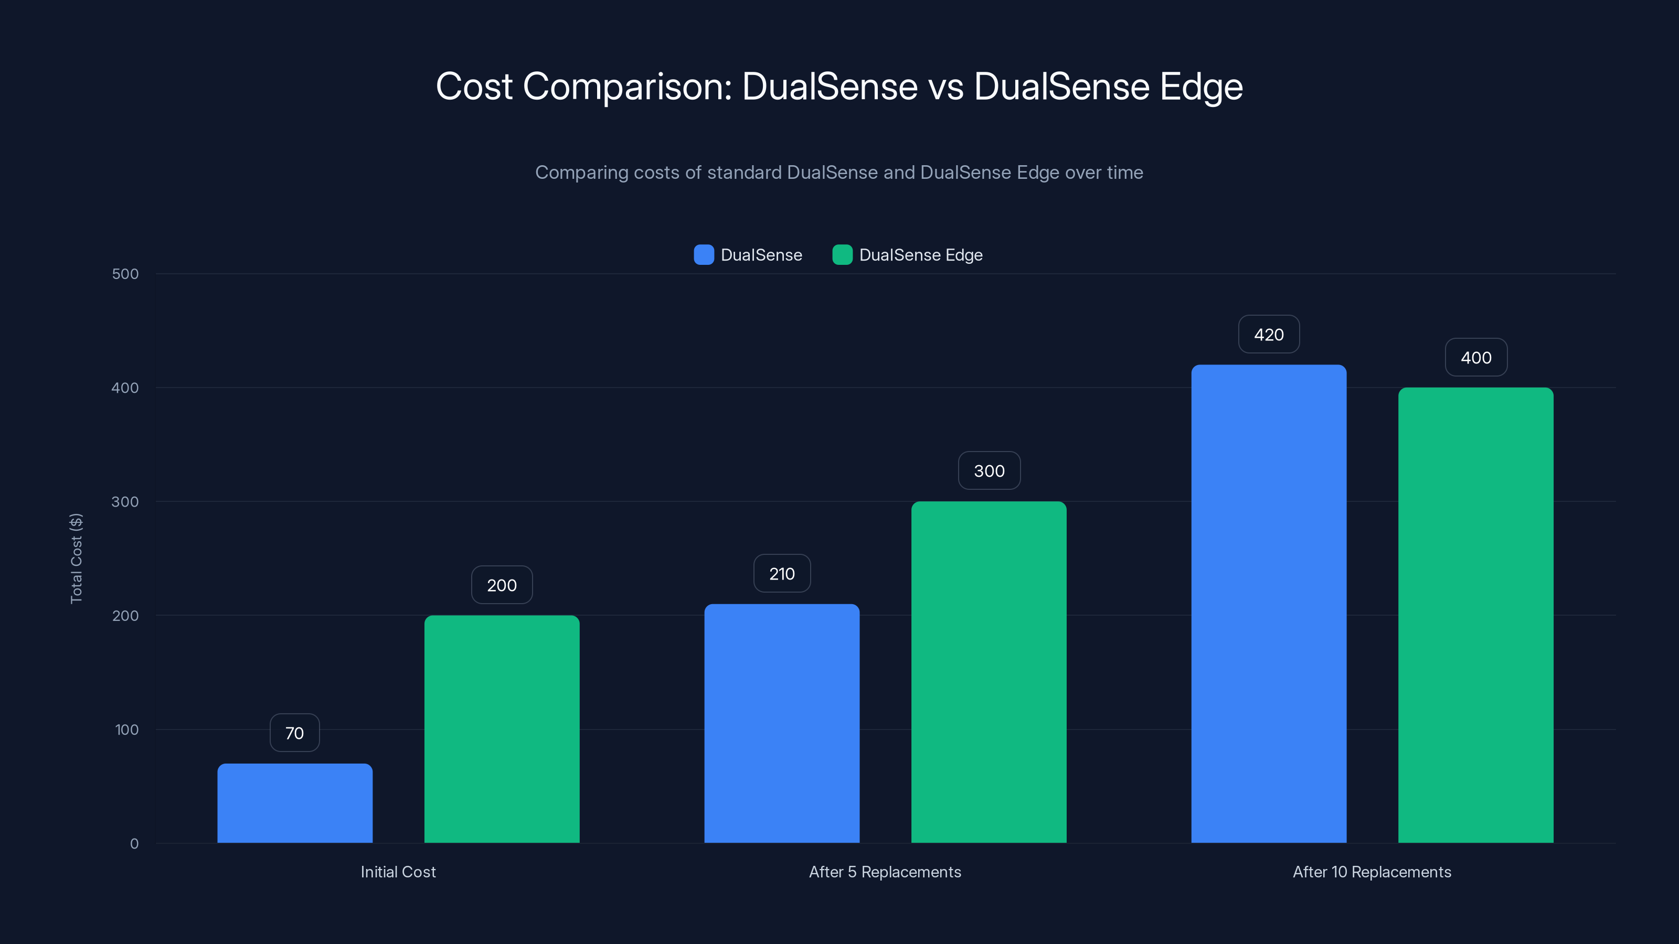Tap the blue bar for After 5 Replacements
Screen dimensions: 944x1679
coord(781,723)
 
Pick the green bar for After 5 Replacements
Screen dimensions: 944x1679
coord(988,672)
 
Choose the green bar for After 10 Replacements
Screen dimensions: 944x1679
coord(1475,615)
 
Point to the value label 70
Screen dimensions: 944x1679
coord(294,733)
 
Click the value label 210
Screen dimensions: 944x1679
coord(781,573)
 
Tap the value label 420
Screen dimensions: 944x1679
coord(1268,334)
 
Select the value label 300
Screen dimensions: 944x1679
coord(989,470)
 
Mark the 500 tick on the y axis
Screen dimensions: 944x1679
coord(125,274)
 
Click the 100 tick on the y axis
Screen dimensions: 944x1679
coord(126,730)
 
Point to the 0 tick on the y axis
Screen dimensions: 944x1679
coord(134,844)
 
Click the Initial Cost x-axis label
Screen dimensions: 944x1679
coord(398,872)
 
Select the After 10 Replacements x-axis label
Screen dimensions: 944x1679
coord(1372,872)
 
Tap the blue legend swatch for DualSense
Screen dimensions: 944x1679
coord(703,255)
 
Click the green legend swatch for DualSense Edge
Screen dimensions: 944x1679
coord(842,255)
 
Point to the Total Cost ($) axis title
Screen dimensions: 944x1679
coord(76,559)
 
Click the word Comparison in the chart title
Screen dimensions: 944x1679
coord(628,87)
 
